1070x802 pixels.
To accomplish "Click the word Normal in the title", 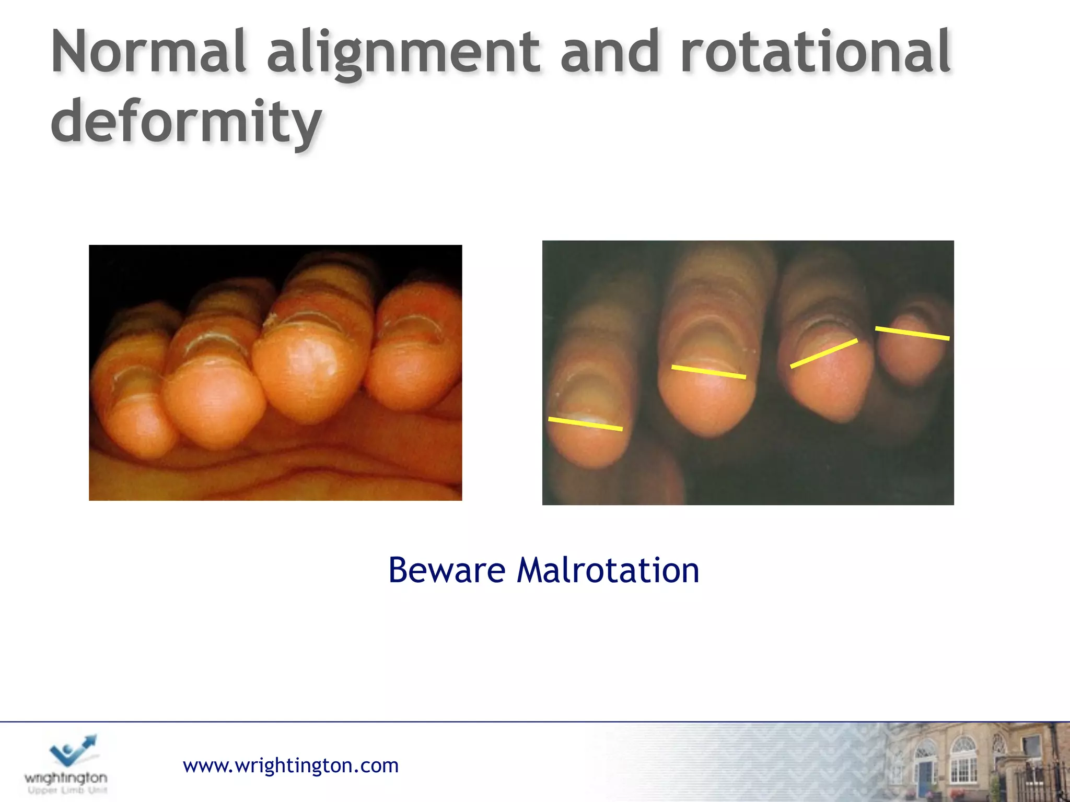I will click(x=149, y=52).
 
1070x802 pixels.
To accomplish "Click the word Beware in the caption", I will click(x=447, y=570).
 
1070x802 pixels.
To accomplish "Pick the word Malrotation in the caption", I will click(x=608, y=570).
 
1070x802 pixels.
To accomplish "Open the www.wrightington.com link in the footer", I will click(x=290, y=765).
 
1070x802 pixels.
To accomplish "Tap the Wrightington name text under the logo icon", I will click(x=66, y=778).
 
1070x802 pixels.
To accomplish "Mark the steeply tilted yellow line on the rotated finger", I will click(x=824, y=353).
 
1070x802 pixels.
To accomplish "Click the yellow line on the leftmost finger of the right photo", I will click(x=585, y=423).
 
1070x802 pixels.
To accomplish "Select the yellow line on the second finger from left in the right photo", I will click(x=708, y=372).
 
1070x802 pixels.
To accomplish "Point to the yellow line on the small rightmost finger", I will click(x=912, y=333).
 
